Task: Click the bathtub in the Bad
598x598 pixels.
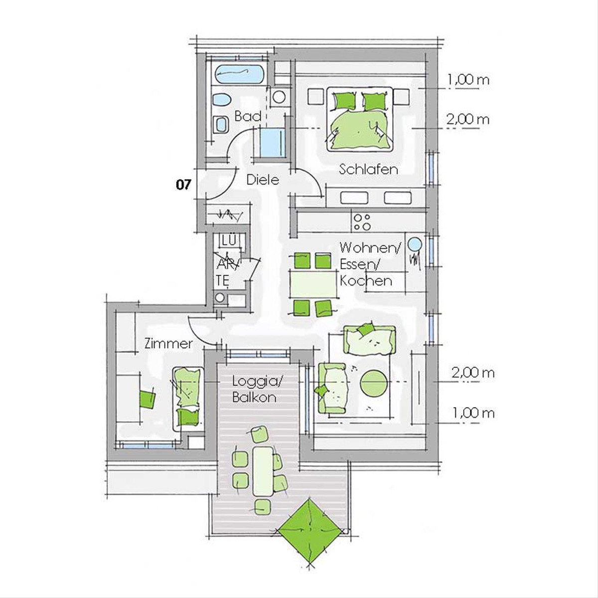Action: point(237,74)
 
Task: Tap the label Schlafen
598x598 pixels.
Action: point(368,169)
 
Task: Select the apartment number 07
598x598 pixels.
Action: point(183,185)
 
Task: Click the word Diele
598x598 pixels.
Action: point(263,180)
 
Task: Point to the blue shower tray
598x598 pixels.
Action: point(273,143)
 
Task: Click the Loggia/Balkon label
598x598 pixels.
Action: point(257,389)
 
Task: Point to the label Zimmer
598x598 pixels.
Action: point(168,344)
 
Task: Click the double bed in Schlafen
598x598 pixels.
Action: point(359,119)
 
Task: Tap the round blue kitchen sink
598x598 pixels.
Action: point(414,245)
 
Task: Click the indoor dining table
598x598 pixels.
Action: point(313,284)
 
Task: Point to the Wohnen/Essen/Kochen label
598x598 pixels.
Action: point(369,265)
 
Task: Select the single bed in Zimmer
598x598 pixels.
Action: point(188,399)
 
